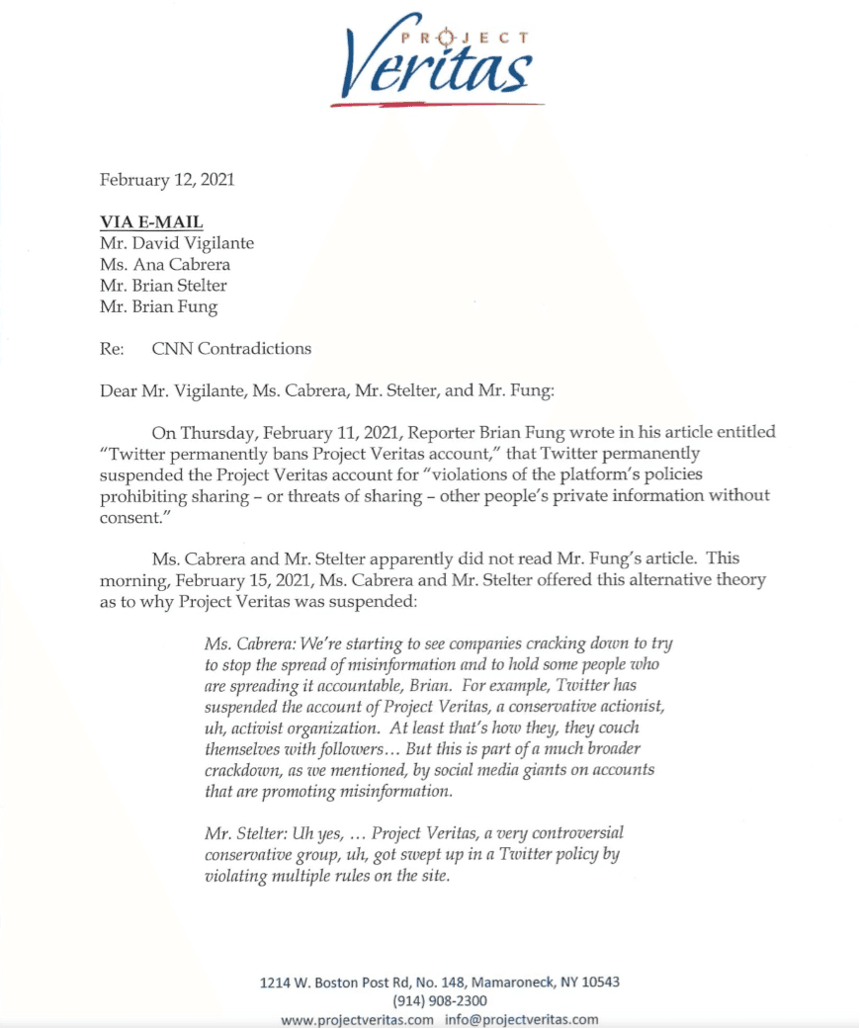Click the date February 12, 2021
pos(167,180)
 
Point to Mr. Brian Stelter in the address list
pos(163,286)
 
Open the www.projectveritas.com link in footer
pos(357,1020)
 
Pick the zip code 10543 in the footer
pos(598,983)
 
